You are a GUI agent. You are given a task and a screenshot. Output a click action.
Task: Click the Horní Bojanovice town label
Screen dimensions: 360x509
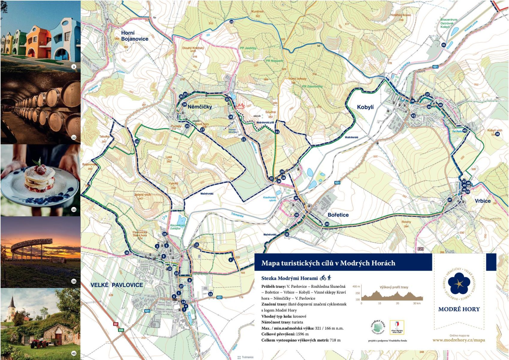134,36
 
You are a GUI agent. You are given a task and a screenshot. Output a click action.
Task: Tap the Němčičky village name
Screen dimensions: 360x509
200,106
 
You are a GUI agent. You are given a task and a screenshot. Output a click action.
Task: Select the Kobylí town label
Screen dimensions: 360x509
365,107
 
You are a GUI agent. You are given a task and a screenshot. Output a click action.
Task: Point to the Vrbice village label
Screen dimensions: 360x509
482,201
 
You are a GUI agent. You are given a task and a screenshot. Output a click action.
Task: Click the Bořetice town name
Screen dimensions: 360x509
338,215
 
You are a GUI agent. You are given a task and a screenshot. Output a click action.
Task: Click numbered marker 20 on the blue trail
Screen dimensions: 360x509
231,22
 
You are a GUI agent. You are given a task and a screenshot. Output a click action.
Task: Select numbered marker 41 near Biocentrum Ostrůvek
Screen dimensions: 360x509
444,45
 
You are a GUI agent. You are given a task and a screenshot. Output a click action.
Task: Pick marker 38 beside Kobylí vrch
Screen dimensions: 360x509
497,134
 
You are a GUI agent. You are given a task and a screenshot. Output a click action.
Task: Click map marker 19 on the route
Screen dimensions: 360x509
137,141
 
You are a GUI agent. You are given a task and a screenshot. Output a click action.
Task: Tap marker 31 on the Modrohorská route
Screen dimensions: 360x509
277,132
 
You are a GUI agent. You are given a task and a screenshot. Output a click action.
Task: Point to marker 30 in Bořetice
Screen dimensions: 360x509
327,224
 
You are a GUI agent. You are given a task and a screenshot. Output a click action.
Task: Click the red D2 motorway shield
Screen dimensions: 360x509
116,324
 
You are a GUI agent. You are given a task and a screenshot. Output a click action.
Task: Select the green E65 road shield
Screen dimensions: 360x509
121,330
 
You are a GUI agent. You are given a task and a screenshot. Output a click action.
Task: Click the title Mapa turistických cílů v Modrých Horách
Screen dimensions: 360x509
328,263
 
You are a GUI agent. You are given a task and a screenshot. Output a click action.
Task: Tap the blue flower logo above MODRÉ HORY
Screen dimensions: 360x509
459,283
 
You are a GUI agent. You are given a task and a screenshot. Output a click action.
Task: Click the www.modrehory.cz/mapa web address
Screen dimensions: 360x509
458,340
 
